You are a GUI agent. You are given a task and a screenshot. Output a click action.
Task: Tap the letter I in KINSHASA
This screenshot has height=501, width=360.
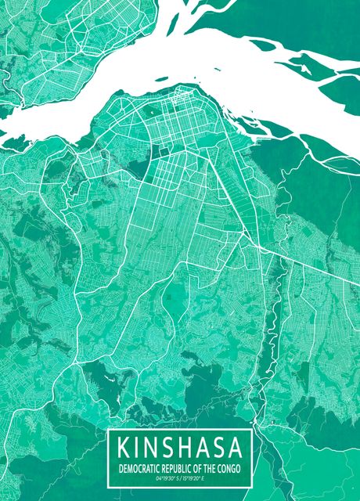coord(141,449)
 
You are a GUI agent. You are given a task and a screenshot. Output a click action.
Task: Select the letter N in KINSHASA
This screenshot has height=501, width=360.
coord(155,449)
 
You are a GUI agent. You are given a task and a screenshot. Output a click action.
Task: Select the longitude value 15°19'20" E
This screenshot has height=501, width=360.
coord(196,477)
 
